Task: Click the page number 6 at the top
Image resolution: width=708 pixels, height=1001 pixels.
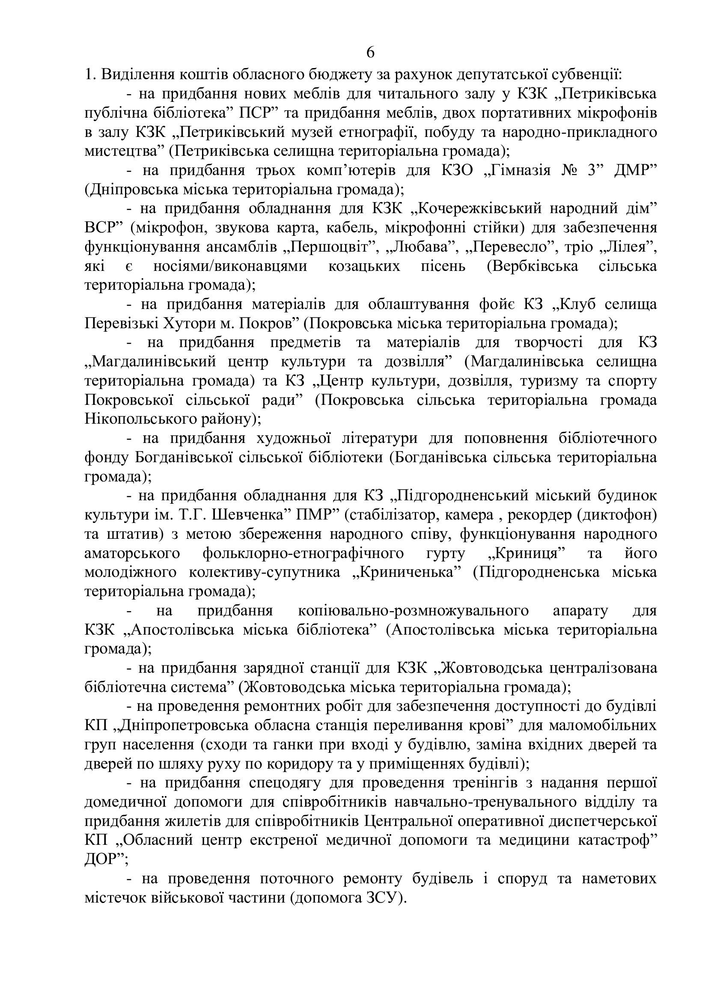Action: tap(370, 52)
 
